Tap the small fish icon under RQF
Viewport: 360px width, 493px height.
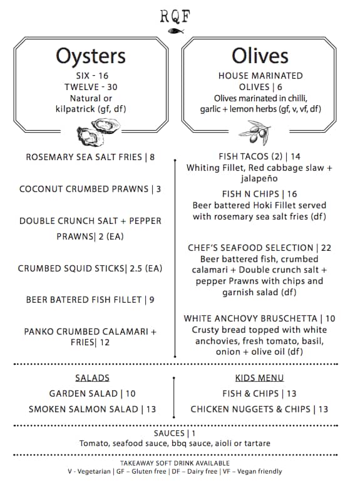point(180,30)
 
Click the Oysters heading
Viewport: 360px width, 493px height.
point(91,56)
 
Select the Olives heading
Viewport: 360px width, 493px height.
point(260,56)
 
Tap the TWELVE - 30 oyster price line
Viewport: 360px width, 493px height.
point(90,87)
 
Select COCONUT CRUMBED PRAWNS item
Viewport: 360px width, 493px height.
point(90,189)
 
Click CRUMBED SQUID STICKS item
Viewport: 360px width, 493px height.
point(90,268)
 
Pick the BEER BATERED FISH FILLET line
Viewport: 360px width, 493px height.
point(90,300)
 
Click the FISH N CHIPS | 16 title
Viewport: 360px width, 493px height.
point(260,194)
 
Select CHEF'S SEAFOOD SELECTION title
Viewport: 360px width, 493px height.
point(260,248)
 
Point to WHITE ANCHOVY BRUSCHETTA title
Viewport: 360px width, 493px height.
point(260,318)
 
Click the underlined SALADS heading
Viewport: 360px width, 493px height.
point(92,378)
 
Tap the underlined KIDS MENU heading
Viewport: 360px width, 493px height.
point(259,378)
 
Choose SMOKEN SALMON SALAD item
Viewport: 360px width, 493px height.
point(92,409)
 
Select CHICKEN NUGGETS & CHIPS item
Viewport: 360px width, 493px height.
point(259,409)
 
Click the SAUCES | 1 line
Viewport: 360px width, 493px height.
point(175,433)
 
